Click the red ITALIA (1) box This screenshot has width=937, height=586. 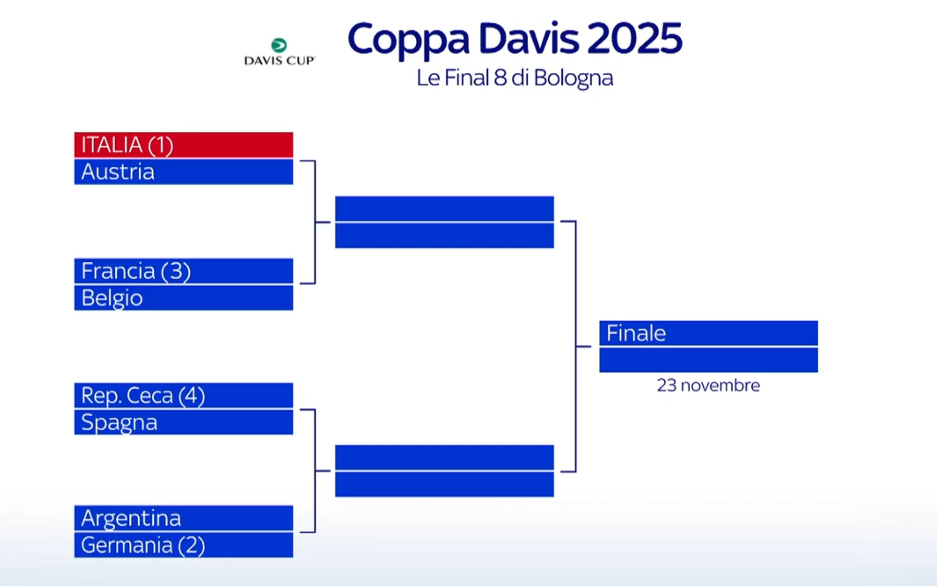point(183,145)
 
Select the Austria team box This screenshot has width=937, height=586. point(183,172)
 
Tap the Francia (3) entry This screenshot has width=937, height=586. point(183,271)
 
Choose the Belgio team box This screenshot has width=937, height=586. point(183,298)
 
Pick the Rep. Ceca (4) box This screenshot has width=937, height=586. point(183,396)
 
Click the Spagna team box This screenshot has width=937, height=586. point(183,423)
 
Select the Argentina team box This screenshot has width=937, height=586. point(183,518)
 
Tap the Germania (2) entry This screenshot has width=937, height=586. point(183,545)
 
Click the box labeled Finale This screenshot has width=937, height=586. point(708,334)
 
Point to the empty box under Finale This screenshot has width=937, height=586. point(708,360)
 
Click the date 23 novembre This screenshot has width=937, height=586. point(708,385)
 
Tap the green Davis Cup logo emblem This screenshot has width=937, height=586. point(279,45)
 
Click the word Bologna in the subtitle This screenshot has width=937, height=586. point(573,78)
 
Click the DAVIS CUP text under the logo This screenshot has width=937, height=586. point(279,61)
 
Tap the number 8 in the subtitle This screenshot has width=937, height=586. point(500,78)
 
